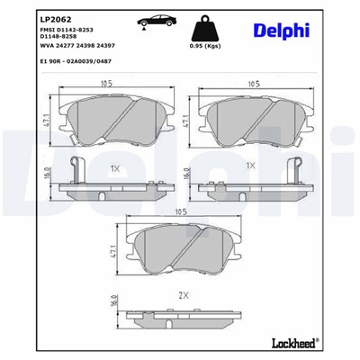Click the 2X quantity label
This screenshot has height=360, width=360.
[x=184, y=295]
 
